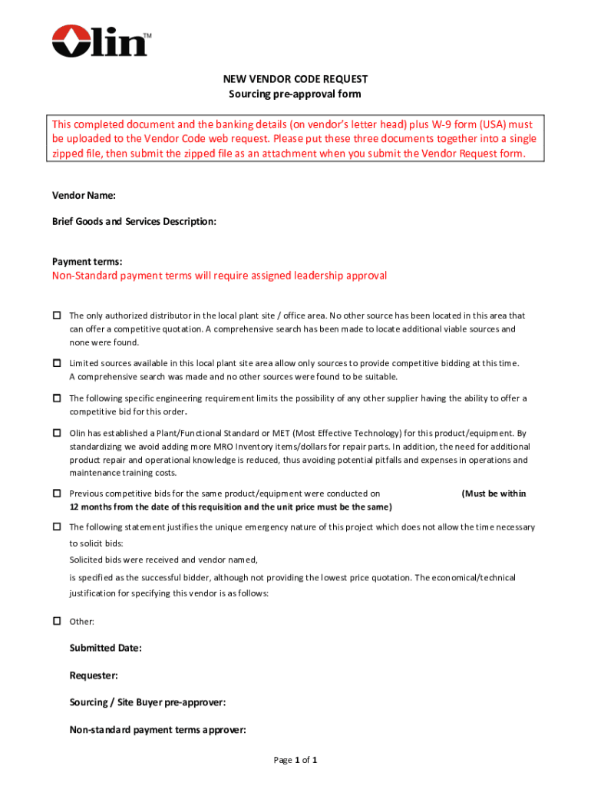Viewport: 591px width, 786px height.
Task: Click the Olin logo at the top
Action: click(x=101, y=40)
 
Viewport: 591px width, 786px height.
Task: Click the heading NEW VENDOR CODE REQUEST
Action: click(x=295, y=79)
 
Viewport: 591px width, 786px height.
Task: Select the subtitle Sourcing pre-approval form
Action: click(x=295, y=94)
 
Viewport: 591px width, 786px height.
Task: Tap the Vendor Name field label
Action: click(x=84, y=196)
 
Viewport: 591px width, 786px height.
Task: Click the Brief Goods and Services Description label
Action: click(x=134, y=221)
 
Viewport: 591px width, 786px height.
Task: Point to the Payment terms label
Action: click(x=87, y=262)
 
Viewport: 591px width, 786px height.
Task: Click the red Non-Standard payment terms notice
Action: click(x=219, y=276)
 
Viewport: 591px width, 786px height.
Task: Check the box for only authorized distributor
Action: click(x=57, y=315)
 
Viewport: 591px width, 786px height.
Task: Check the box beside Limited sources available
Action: click(x=57, y=362)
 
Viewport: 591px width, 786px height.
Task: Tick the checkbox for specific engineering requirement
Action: click(x=57, y=398)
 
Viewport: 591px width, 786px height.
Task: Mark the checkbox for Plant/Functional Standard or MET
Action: click(x=57, y=433)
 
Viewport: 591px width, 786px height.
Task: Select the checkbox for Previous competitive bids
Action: click(x=57, y=494)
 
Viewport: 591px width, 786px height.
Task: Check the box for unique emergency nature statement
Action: click(x=57, y=527)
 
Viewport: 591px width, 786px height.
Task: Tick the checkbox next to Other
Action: click(x=57, y=620)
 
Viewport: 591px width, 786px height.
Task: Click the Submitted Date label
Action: click(x=105, y=648)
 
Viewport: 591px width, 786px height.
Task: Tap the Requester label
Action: click(x=94, y=675)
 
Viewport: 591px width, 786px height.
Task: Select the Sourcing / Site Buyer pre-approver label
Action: click(x=147, y=702)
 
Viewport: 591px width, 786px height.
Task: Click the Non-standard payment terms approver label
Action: click(x=157, y=730)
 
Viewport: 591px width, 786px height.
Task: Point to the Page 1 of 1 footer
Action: click(x=295, y=760)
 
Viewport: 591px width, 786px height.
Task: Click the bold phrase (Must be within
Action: click(x=494, y=494)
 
